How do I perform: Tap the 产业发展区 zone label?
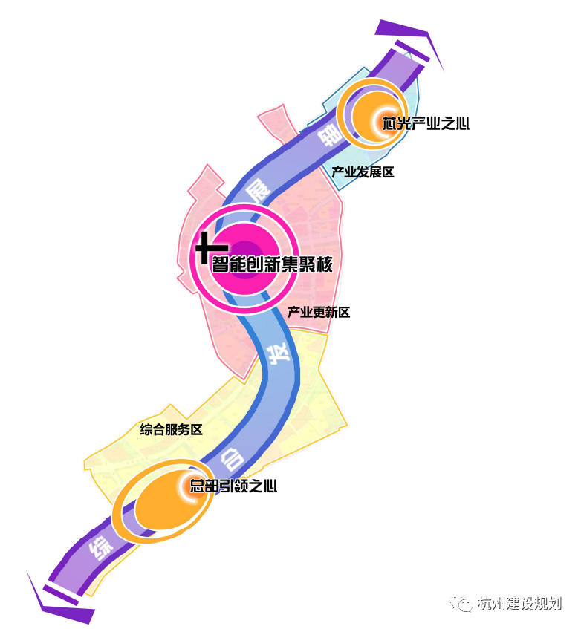click(363, 172)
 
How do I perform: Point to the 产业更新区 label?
click(319, 313)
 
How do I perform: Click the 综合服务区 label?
click(171, 429)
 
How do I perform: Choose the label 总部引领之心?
click(233, 487)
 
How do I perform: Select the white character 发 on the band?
click(277, 353)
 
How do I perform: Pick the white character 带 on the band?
click(328, 136)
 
